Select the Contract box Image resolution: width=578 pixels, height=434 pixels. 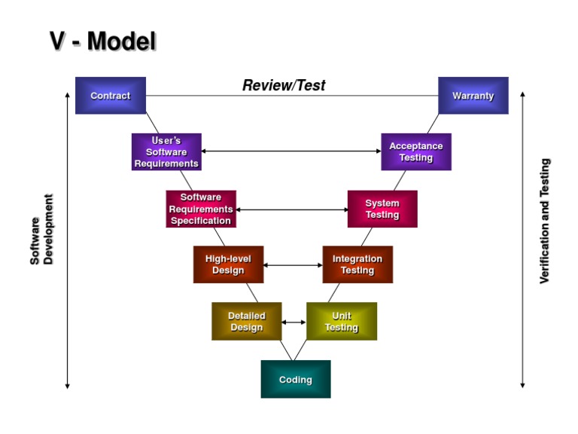tap(111, 96)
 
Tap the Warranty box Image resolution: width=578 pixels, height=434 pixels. tap(473, 96)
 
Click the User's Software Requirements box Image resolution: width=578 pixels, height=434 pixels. tap(166, 152)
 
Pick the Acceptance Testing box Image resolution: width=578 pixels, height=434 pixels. tap(415, 152)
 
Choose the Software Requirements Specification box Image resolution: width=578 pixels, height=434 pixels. tap(201, 209)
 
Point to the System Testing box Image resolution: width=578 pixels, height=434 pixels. tap(382, 209)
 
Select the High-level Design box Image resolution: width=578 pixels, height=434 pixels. tap(228, 264)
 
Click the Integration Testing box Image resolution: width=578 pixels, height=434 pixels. tap(357, 264)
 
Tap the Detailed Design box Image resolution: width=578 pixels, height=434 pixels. tap(247, 322)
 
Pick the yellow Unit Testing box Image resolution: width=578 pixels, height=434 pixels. tap(342, 322)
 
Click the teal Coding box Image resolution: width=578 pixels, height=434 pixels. tap(296, 379)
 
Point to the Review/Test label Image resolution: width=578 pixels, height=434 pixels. tap(284, 85)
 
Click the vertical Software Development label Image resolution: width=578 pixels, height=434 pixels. tap(42, 230)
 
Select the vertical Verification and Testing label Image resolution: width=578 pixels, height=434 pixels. tap(545, 221)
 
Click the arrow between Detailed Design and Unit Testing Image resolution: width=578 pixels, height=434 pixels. tap(294, 322)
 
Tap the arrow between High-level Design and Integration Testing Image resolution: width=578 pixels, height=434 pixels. tap(293, 265)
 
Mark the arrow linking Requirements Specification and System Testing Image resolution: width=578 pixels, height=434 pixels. tap(292, 209)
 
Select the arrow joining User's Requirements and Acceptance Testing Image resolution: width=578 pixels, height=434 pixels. tap(291, 151)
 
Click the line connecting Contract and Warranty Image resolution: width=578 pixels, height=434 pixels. tap(211, 96)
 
